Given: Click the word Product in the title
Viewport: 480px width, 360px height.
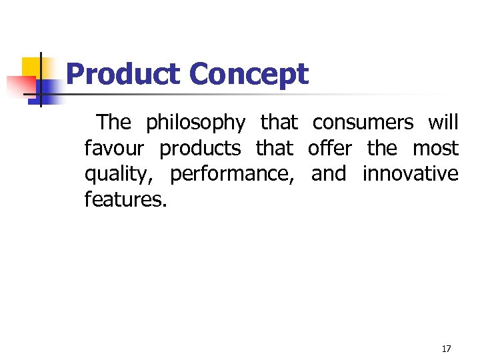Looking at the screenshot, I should coord(124,74).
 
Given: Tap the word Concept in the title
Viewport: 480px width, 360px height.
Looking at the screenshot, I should coord(249,74).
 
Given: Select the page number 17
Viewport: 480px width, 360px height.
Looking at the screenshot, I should coord(447,349).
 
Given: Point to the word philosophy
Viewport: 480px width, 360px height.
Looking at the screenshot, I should coord(196,123).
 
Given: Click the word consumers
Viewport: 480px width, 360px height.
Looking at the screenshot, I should coord(363,123).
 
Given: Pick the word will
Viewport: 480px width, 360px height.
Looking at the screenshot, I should coord(443,123).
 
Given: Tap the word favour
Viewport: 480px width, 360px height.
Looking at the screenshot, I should coord(114,148).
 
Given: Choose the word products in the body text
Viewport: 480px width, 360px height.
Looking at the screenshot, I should coord(200,149).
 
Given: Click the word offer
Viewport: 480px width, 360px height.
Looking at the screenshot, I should coord(329,148).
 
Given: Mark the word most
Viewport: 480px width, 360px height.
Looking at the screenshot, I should coord(436,148).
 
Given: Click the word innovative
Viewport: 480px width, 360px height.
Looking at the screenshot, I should coord(410,174).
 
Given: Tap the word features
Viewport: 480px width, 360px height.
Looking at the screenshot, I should coord(125,199).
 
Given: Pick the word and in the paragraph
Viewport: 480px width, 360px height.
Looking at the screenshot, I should coord(329,174).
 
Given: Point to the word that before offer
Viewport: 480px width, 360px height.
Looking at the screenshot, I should coord(274,148).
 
